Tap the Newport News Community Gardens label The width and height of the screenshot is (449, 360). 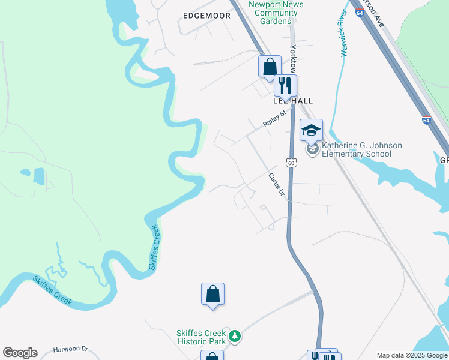coord(276,13)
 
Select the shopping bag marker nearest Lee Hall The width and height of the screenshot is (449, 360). coord(270,66)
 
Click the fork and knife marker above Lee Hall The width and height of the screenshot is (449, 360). coord(286,85)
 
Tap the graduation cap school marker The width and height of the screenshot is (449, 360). coord(312,130)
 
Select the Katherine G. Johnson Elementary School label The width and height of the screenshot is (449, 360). coord(361,149)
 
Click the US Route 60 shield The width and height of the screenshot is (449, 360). coord(291,163)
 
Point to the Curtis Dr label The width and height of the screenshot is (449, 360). coord(276,184)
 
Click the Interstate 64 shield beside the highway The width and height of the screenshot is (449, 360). coord(426,120)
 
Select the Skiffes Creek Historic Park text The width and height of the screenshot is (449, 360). coord(201,337)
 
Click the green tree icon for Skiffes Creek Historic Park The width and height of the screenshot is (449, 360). coord(236,336)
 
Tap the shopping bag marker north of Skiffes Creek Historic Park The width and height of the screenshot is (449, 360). coord(212,294)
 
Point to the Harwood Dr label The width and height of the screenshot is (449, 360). coord(70,349)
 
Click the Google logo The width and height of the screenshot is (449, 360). coord(20,353)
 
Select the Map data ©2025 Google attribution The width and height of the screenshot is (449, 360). coord(412,355)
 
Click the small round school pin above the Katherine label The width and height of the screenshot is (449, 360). coord(312,149)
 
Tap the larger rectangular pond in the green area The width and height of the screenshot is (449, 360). coord(39,176)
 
